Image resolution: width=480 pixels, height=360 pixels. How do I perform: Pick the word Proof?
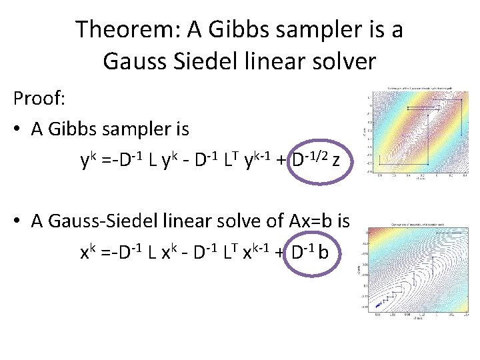[x=39, y=99]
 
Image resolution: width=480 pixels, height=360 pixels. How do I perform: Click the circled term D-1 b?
[x=313, y=253]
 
